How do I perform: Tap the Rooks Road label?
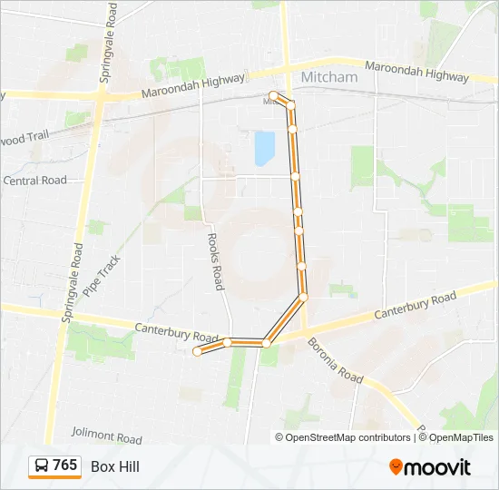(x=215, y=261)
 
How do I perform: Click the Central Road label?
(x=34, y=181)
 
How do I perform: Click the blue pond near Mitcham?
(x=264, y=149)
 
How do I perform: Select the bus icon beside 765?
(x=42, y=466)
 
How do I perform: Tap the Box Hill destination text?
(x=115, y=466)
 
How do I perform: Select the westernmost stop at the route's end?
(x=197, y=352)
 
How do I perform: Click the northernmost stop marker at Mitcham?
(x=273, y=94)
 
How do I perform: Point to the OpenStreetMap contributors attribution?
(x=344, y=437)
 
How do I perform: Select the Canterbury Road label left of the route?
(x=177, y=332)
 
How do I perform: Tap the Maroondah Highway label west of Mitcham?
(x=194, y=86)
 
